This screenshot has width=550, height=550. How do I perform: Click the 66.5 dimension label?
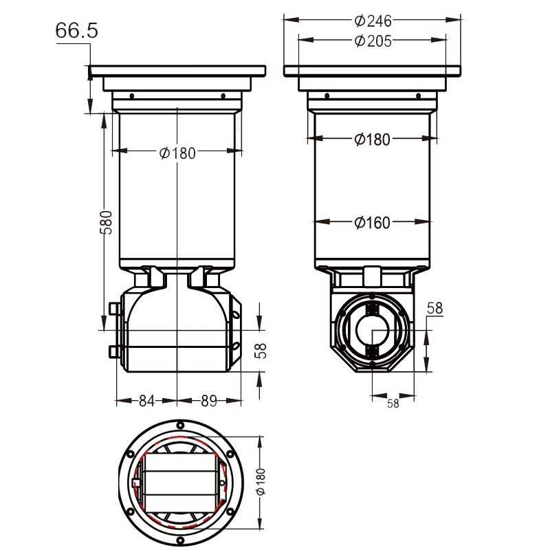(x=77, y=31)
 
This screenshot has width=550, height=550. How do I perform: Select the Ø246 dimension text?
(x=373, y=21)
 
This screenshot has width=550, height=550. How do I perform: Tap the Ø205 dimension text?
(x=373, y=41)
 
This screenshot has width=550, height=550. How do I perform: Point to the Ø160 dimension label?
(x=373, y=222)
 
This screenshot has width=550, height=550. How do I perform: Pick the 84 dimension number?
(x=146, y=401)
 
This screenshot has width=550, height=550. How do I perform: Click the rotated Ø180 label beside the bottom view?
(x=261, y=483)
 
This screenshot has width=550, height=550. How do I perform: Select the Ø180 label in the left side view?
(x=177, y=153)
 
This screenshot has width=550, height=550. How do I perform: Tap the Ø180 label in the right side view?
(x=373, y=140)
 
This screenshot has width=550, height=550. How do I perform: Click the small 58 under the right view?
(x=393, y=404)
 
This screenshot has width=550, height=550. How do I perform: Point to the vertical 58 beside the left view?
(x=261, y=351)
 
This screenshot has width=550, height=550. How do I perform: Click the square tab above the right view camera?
(x=372, y=275)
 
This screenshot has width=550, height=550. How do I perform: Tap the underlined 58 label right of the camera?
(x=434, y=308)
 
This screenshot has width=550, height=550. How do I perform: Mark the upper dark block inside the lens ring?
(x=373, y=307)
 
